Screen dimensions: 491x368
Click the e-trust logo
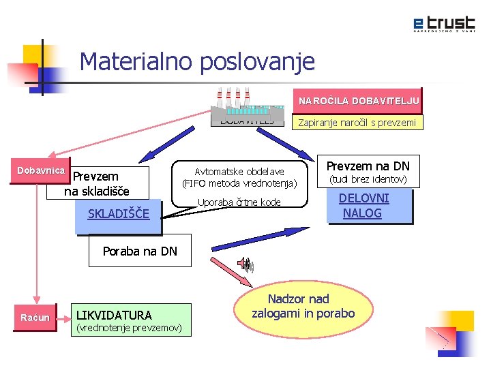[x=443, y=25]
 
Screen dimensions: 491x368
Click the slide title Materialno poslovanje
[x=197, y=62]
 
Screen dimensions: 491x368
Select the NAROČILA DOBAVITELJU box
[x=359, y=101]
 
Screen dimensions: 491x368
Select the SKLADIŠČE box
[x=119, y=214]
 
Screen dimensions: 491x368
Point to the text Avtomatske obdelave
[x=239, y=171]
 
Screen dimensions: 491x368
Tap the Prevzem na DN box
[x=369, y=166]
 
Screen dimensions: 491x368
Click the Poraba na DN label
[x=139, y=251]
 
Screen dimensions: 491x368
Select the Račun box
[x=35, y=317]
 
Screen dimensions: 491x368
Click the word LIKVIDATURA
[x=114, y=315]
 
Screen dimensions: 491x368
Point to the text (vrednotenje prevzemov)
[x=129, y=328]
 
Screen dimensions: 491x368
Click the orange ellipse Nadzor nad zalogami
[x=303, y=307]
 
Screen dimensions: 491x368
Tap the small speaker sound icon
[x=244, y=264]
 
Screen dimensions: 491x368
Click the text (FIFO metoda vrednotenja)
[x=239, y=183]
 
